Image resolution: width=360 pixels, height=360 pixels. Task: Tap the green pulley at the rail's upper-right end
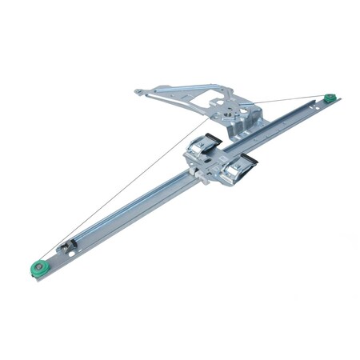coord(329,99)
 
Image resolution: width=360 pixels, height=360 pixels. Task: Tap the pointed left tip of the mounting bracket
coord(138,92)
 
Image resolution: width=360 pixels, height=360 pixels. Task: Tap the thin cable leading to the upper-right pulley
coord(288,101)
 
